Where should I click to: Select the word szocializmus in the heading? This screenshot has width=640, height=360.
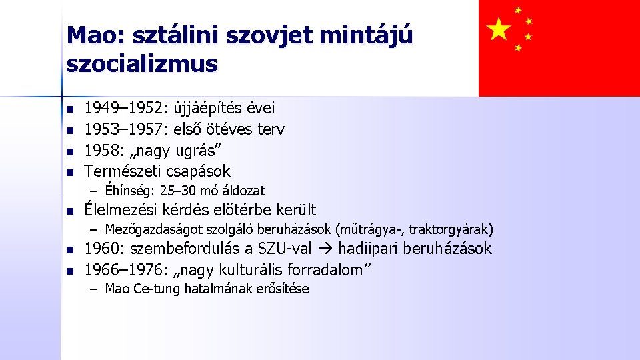point(142,63)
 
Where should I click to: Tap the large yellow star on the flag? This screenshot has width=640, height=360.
point(499,29)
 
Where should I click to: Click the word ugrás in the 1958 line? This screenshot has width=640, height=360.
point(200,150)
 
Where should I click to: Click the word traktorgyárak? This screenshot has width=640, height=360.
point(451,230)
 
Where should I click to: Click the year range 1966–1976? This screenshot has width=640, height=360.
point(125,269)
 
